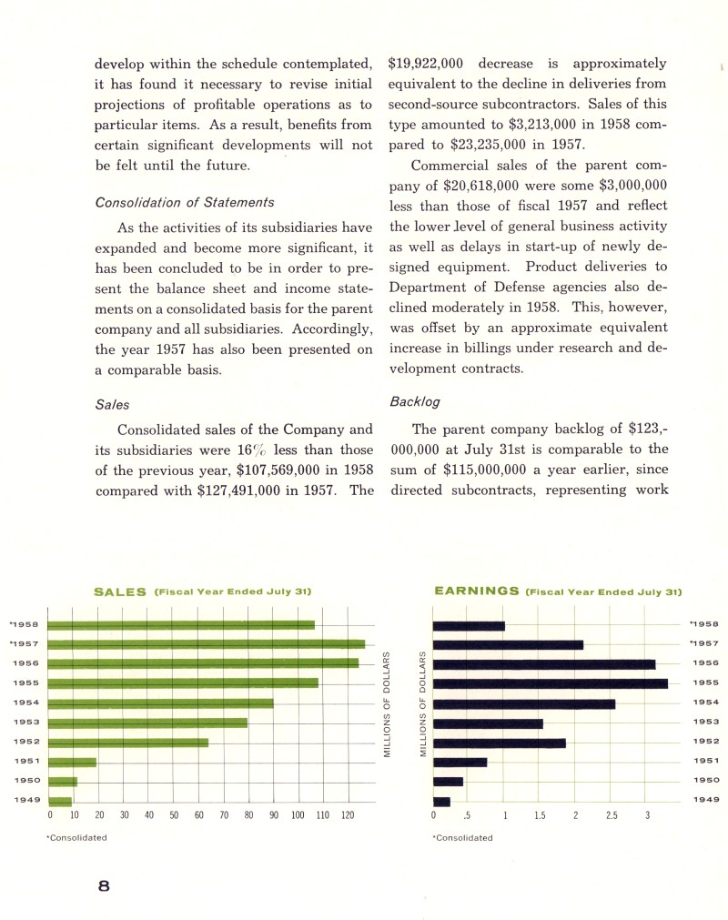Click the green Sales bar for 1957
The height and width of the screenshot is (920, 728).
pos(206,644)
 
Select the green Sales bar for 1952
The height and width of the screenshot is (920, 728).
pos(127,743)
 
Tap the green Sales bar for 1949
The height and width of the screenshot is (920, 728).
pos(59,802)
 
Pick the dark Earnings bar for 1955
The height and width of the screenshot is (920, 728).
pos(550,683)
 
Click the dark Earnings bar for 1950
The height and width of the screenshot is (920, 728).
pos(448,782)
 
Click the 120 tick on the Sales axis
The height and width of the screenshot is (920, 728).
pos(347,816)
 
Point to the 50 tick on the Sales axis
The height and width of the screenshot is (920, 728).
pos(173,816)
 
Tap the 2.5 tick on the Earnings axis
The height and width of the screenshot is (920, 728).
pos(612,816)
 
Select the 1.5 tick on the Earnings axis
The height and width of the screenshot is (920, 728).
pos(540,816)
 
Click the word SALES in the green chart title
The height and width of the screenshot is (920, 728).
pos(120,591)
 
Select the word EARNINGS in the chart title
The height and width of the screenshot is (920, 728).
pos(477,591)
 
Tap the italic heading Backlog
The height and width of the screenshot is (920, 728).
pos(415,400)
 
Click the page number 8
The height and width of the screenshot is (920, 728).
pos(104,889)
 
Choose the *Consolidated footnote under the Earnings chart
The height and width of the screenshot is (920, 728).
pos(462,838)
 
